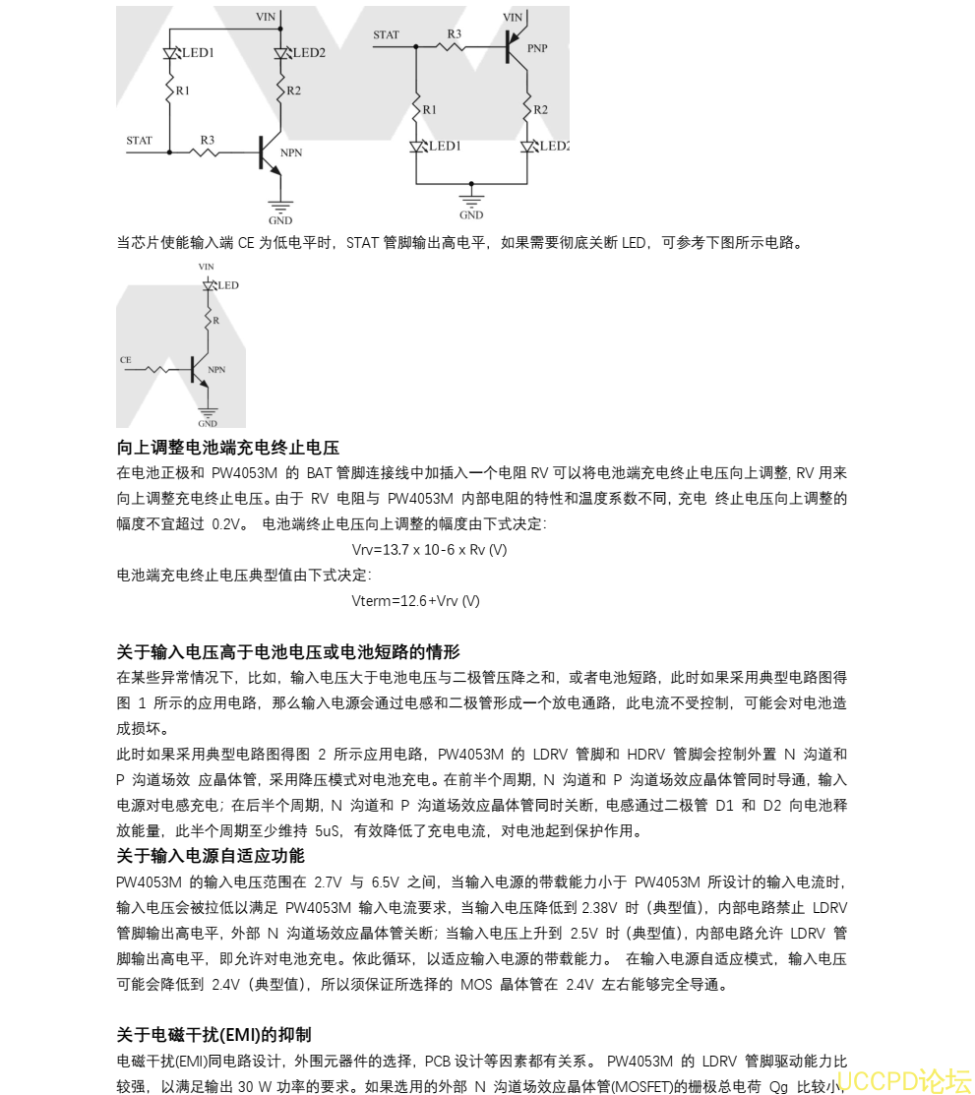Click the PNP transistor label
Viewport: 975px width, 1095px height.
[537, 47]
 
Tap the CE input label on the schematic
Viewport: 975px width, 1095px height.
[125, 360]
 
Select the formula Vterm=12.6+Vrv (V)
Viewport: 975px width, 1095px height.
[415, 600]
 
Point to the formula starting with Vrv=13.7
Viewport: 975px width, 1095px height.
[429, 549]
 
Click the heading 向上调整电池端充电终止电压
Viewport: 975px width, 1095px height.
[228, 448]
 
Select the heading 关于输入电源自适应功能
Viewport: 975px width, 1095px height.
[211, 855]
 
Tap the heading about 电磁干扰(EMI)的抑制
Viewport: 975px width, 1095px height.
[214, 1034]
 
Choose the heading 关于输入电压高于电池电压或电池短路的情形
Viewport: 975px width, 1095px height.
[288, 651]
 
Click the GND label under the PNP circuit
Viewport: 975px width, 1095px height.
[471, 214]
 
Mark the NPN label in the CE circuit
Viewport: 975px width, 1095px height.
[216, 369]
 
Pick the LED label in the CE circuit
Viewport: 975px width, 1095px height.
[228, 285]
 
